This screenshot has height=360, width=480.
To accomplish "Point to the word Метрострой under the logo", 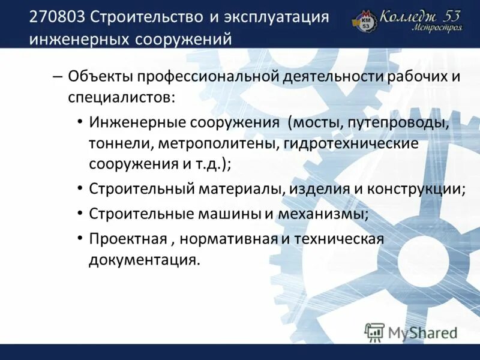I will click(437, 28).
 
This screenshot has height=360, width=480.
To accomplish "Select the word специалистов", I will click(121, 97).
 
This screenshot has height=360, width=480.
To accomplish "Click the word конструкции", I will click(420, 189).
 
